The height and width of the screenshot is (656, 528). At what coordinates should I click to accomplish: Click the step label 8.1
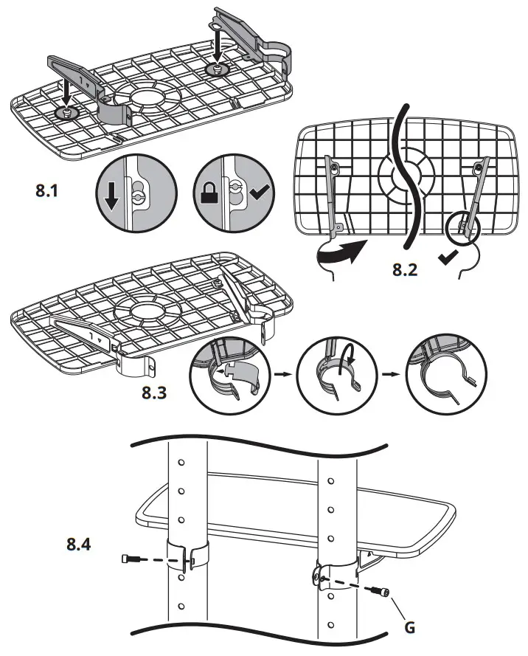51,190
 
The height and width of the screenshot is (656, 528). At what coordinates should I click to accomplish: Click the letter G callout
410,628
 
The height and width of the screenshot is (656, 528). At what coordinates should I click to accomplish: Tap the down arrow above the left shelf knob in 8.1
66,93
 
